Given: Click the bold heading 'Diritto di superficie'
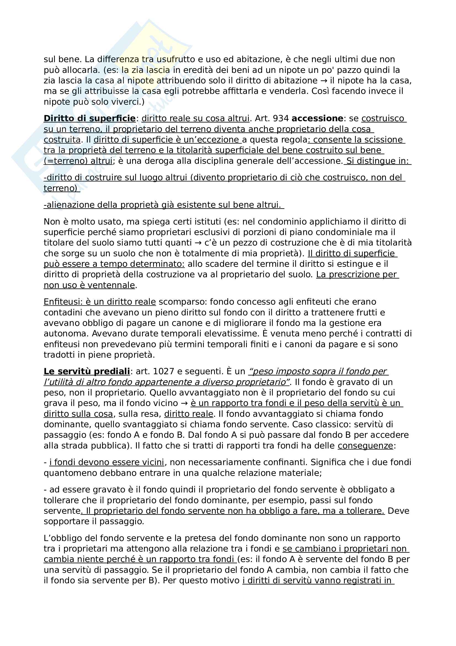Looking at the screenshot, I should pos(90,118).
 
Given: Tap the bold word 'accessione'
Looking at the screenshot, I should pos(317,118).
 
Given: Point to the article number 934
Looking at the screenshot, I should pos(281,118).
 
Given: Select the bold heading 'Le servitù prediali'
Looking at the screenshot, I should pos(87,371).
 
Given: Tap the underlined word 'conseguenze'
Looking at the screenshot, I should pos(365,446).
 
